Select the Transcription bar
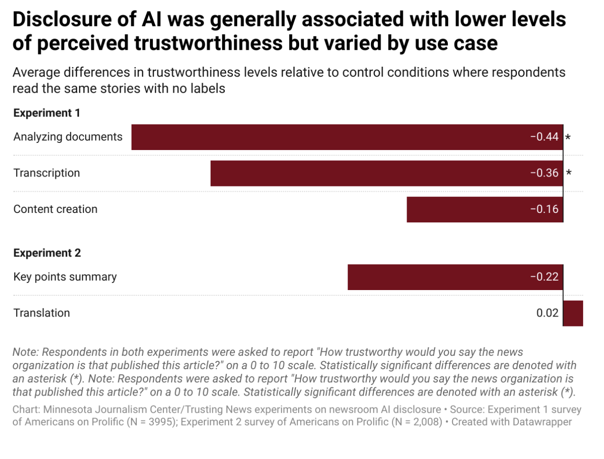(369, 173)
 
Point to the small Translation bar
(573, 313)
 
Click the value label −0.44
(544, 137)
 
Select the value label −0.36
(544, 173)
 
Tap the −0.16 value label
(544, 210)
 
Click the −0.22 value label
(544, 277)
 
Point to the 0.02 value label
(547, 313)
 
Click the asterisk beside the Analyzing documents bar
(568, 138)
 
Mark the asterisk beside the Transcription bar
(568, 173)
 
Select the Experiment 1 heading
(47, 113)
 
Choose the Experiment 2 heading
(47, 253)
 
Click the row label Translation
(42, 313)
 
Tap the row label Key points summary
(65, 277)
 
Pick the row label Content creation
(55, 210)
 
